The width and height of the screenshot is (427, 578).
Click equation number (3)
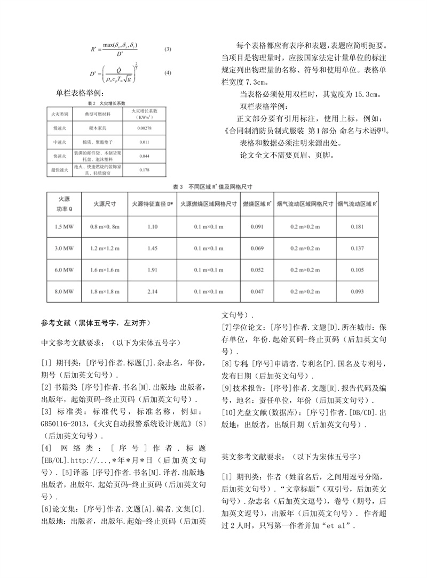click(168, 50)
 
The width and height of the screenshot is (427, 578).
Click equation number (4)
click(168, 72)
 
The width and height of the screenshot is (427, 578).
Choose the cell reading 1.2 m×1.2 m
click(104, 248)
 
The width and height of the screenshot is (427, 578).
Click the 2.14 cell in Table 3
click(153, 291)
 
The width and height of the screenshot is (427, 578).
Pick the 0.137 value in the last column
click(358, 248)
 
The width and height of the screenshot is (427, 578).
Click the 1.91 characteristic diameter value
click(153, 270)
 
